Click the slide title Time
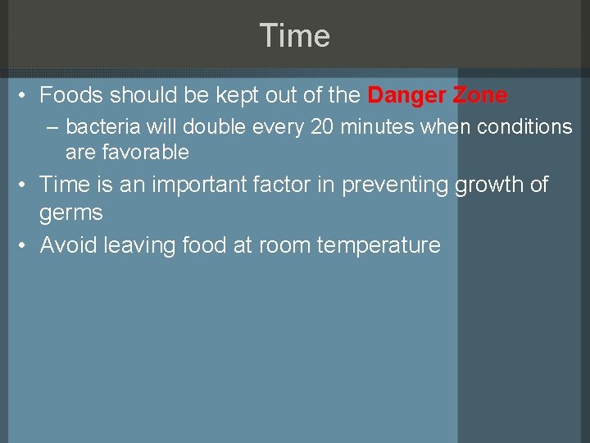coord(294,36)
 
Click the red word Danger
coord(406,96)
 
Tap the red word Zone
coord(479,96)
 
